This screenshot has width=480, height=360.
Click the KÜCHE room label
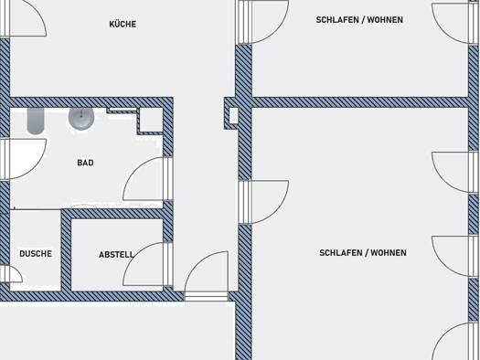coord(123,24)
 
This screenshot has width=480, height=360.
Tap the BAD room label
coord(85,163)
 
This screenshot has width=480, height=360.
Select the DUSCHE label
coord(36,254)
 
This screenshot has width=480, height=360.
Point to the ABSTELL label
coord(116,255)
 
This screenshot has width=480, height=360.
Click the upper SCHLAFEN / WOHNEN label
coord(359,20)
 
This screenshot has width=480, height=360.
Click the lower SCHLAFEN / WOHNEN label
coord(363,253)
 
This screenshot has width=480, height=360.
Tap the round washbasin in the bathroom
coord(81,118)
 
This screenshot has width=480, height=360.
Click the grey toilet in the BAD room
coord(36,121)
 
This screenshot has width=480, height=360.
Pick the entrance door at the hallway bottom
coord(207,276)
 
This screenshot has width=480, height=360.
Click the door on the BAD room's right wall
coord(148,179)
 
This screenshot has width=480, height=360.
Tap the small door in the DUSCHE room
coord(11,273)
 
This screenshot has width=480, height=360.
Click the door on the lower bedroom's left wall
coord(263,202)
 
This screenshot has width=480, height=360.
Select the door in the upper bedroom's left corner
coord(261,22)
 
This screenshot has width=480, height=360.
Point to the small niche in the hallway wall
coord(233,116)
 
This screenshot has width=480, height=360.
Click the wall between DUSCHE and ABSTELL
coord(66,250)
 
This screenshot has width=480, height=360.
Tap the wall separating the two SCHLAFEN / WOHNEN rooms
coord(360,102)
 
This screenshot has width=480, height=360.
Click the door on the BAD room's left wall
coord(23,159)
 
